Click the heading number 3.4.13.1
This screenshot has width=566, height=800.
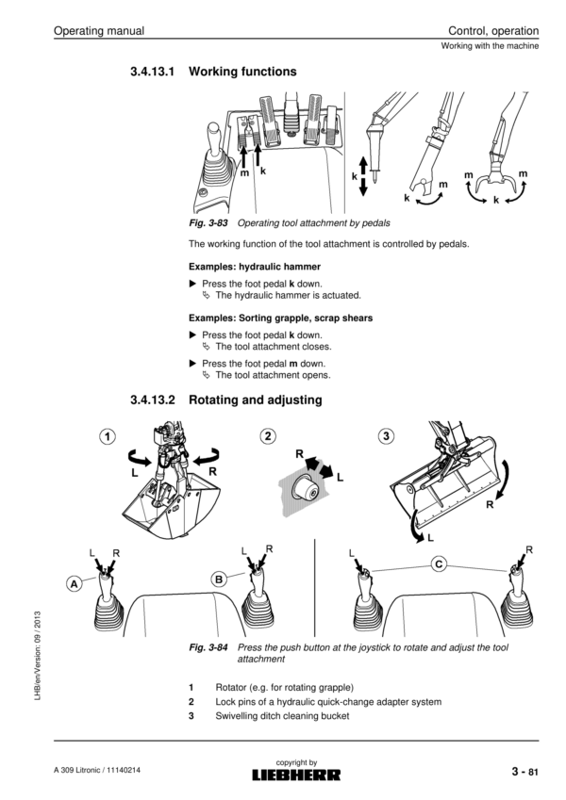153,72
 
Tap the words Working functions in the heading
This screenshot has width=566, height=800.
242,72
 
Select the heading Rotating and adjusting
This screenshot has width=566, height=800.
255,400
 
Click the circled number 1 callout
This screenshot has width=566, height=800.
108,435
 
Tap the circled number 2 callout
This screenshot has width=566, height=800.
270,435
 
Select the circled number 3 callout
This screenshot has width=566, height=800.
385,435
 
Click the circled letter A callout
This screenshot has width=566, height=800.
74,583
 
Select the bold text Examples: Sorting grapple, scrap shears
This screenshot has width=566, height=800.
280,318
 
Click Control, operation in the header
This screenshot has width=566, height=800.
493,31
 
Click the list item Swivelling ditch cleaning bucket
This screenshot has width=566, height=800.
282,716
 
